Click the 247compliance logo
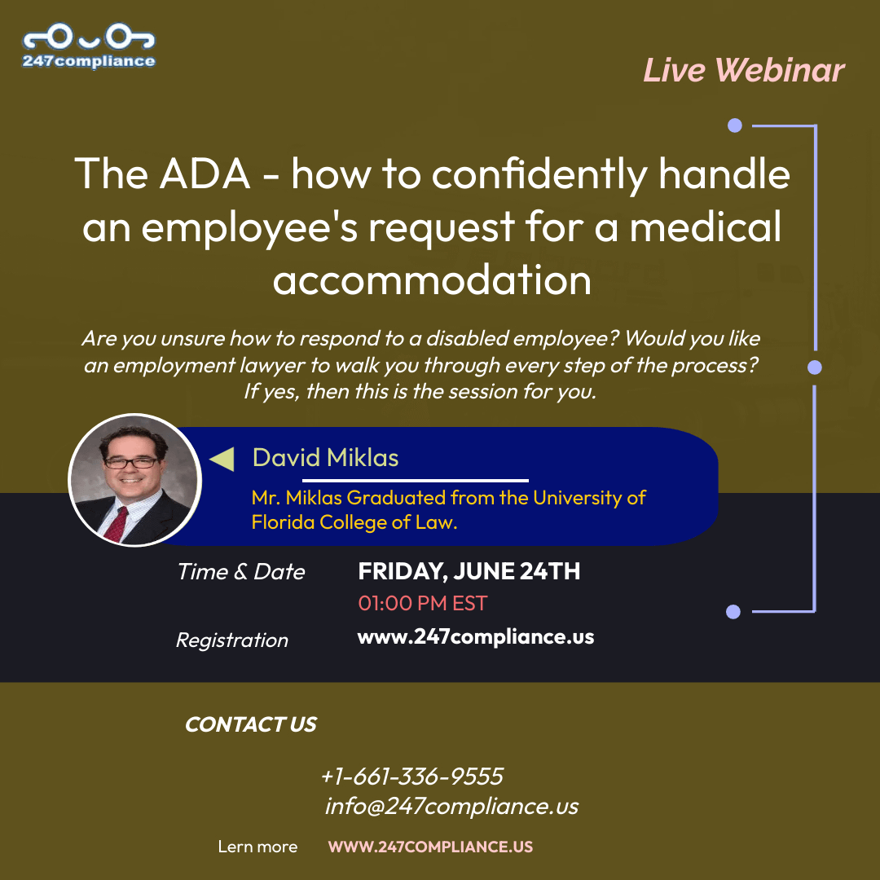click(x=89, y=46)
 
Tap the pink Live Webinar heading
click(x=744, y=71)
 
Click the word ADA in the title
click(x=205, y=174)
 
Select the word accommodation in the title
click(x=432, y=279)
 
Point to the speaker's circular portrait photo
click(x=134, y=480)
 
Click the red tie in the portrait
click(x=117, y=524)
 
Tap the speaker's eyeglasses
click(x=130, y=463)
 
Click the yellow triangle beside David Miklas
click(x=222, y=459)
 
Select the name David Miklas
click(x=325, y=458)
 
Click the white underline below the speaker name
click(x=416, y=481)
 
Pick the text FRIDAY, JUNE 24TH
click(x=469, y=571)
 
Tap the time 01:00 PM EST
click(x=423, y=603)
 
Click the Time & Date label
click(x=241, y=572)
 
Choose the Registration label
click(x=231, y=640)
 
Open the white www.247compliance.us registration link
click(x=476, y=637)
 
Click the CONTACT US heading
click(x=251, y=724)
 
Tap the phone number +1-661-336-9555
click(x=412, y=777)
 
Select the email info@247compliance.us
click(x=451, y=807)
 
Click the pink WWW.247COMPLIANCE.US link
click(x=430, y=847)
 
